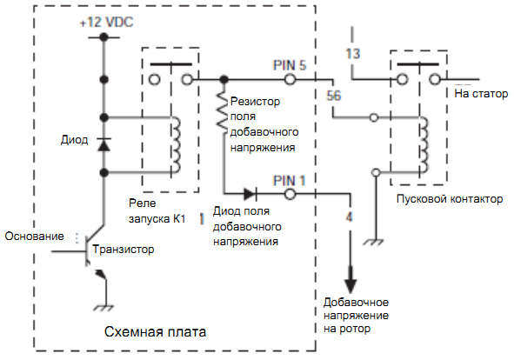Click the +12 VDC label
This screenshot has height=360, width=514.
(x=107, y=23)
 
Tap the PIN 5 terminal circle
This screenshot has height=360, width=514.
(x=290, y=79)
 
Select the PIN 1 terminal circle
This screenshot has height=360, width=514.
(x=290, y=195)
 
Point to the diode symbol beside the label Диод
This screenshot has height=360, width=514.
(x=103, y=144)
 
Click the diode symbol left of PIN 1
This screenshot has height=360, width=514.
(x=250, y=195)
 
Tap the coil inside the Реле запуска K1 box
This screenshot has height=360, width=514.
(x=176, y=144)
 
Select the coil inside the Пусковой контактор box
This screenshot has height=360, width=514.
(x=424, y=144)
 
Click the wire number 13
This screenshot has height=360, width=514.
(x=353, y=53)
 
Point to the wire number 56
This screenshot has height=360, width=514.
(x=334, y=96)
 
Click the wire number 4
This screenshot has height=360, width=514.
(x=350, y=217)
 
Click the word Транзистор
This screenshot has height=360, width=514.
(x=123, y=250)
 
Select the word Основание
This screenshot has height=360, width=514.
(x=35, y=237)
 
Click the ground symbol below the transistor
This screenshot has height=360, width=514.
(x=104, y=308)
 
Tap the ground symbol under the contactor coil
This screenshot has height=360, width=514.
(x=373, y=243)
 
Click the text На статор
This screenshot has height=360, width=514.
(x=481, y=94)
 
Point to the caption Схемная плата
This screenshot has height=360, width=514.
(x=155, y=332)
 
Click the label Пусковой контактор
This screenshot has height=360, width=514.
(x=450, y=199)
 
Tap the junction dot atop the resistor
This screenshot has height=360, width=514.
(x=224, y=79)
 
